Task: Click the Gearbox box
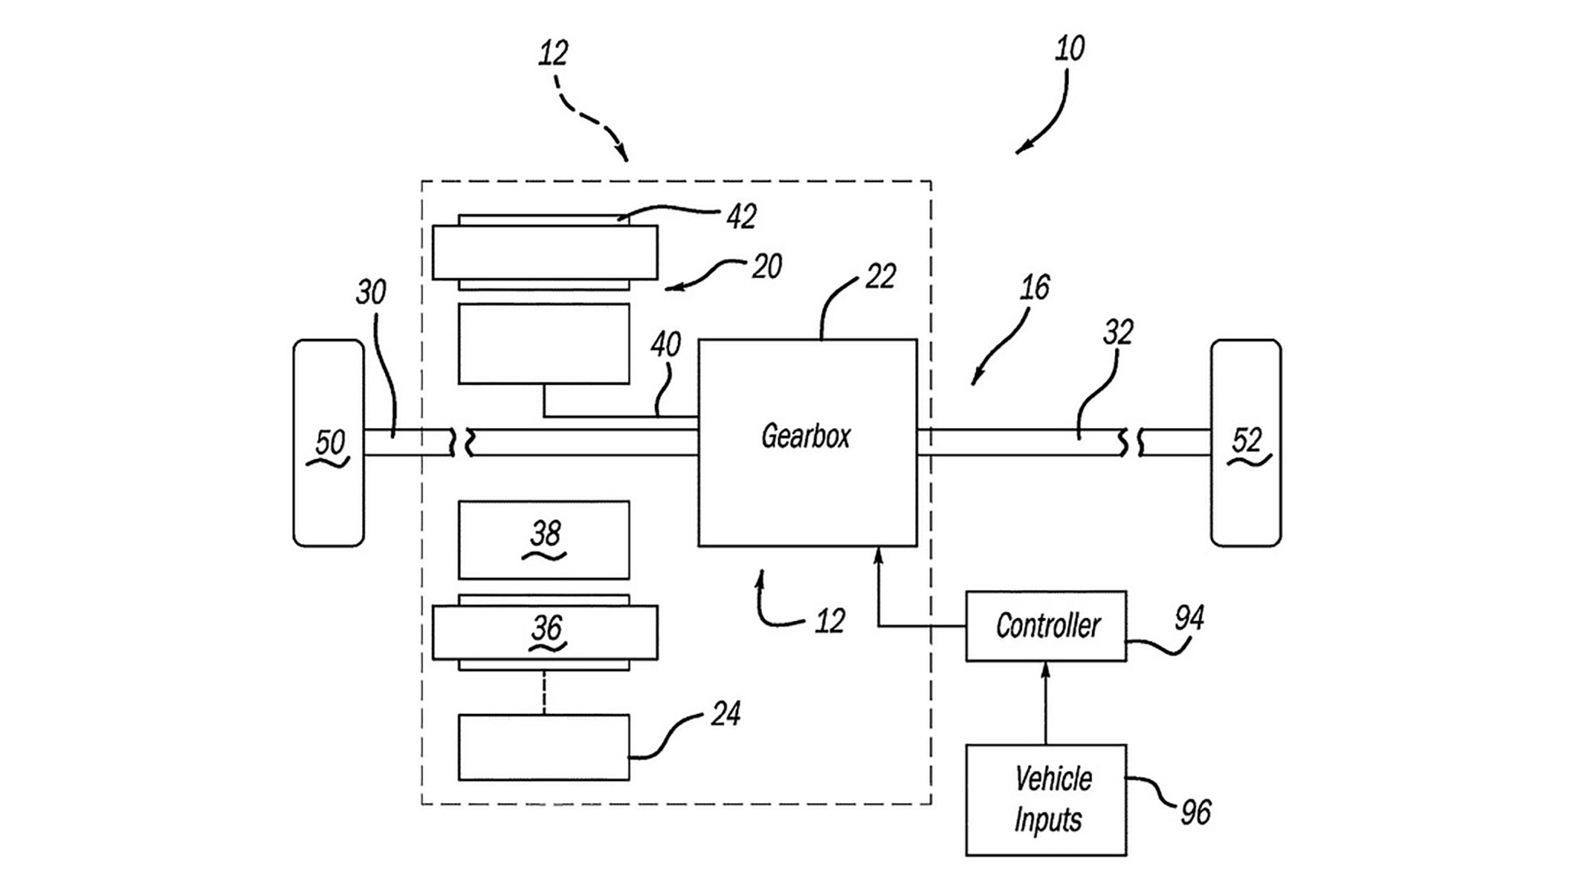point(807,442)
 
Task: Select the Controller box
point(1045,626)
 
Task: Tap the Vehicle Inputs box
point(1045,800)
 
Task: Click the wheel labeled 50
point(328,442)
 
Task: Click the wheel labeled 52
point(1245,442)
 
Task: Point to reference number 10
point(1069,49)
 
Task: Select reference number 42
point(741,217)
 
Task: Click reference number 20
point(766,266)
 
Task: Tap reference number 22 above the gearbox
point(880,277)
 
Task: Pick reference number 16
point(1034,287)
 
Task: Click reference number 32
point(1118,333)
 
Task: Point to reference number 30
point(371,292)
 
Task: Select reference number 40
point(666,344)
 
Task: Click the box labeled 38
point(543,540)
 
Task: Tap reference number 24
point(726,714)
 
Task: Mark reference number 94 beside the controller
point(1189,618)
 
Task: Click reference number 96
point(1196,812)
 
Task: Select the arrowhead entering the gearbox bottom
point(878,555)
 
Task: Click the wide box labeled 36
point(544,632)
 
